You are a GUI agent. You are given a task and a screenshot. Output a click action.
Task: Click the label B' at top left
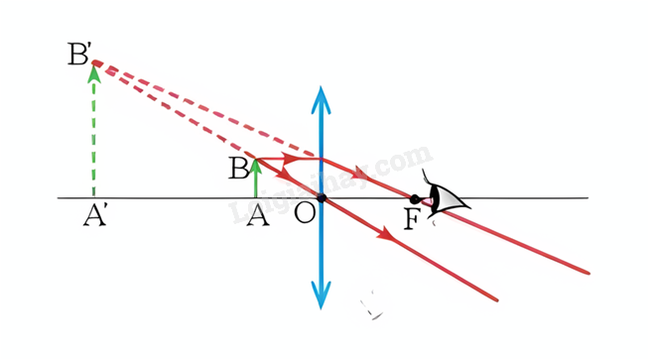pos(78,54)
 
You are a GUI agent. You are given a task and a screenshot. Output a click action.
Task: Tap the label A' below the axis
pos(95,216)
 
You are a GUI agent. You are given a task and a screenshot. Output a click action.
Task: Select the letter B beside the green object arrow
pos(238,168)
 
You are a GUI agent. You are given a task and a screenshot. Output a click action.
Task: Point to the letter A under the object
pos(258,216)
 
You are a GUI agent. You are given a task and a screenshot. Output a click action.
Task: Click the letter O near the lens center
pos(305,213)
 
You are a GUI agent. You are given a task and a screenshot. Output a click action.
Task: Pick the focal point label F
pos(412,219)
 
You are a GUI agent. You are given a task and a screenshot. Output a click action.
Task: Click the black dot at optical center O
pos(322,198)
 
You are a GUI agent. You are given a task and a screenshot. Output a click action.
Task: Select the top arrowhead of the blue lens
pos(321,100)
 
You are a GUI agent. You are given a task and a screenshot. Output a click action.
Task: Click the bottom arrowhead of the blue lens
pos(321,296)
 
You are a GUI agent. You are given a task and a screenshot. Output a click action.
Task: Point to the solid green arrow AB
pos(256,179)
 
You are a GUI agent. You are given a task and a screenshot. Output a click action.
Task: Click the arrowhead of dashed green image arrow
pos(94,74)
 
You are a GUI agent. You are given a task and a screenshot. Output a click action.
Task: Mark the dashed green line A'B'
pos(94,132)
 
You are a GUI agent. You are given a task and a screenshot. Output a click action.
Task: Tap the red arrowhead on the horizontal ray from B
pos(289,158)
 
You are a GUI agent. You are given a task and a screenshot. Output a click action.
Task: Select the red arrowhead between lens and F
pos(358,174)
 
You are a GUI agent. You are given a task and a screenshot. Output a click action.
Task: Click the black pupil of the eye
pos(414,199)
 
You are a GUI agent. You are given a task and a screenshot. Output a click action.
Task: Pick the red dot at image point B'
pos(97,62)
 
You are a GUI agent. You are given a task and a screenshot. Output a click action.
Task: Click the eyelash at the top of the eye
pos(427,177)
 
